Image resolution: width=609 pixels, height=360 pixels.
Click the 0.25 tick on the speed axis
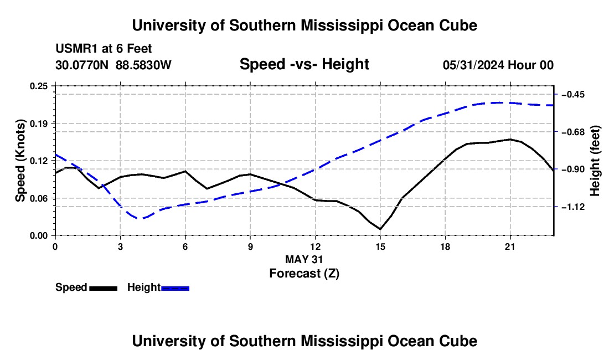[x=38, y=86]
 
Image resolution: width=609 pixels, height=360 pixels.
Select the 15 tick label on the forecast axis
[x=380, y=246]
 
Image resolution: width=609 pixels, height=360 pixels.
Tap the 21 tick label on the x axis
[x=510, y=246]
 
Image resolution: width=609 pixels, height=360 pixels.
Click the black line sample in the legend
[x=104, y=288]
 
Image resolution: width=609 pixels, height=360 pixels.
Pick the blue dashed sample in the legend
[x=175, y=288]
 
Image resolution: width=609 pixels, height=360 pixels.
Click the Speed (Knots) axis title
[x=20, y=161]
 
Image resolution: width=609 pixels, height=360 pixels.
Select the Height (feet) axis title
[x=595, y=161]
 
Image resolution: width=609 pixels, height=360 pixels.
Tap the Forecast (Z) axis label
[x=304, y=274]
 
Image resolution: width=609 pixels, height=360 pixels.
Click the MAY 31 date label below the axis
[x=304, y=259]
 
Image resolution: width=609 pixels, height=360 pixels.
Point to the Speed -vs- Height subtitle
[x=304, y=64]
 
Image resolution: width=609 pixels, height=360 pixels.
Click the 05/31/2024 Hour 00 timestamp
[x=498, y=65]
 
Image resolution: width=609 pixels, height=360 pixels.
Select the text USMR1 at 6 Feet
[x=104, y=49]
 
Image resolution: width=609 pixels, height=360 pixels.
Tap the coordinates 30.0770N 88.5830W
[x=113, y=65]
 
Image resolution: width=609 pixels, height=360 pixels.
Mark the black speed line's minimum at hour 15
[x=380, y=229]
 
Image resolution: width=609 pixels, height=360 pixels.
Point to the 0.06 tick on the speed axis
[x=38, y=198]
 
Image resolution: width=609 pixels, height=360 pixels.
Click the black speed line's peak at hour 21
[x=510, y=139]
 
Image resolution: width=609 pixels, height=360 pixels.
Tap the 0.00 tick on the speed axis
[x=38, y=236]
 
